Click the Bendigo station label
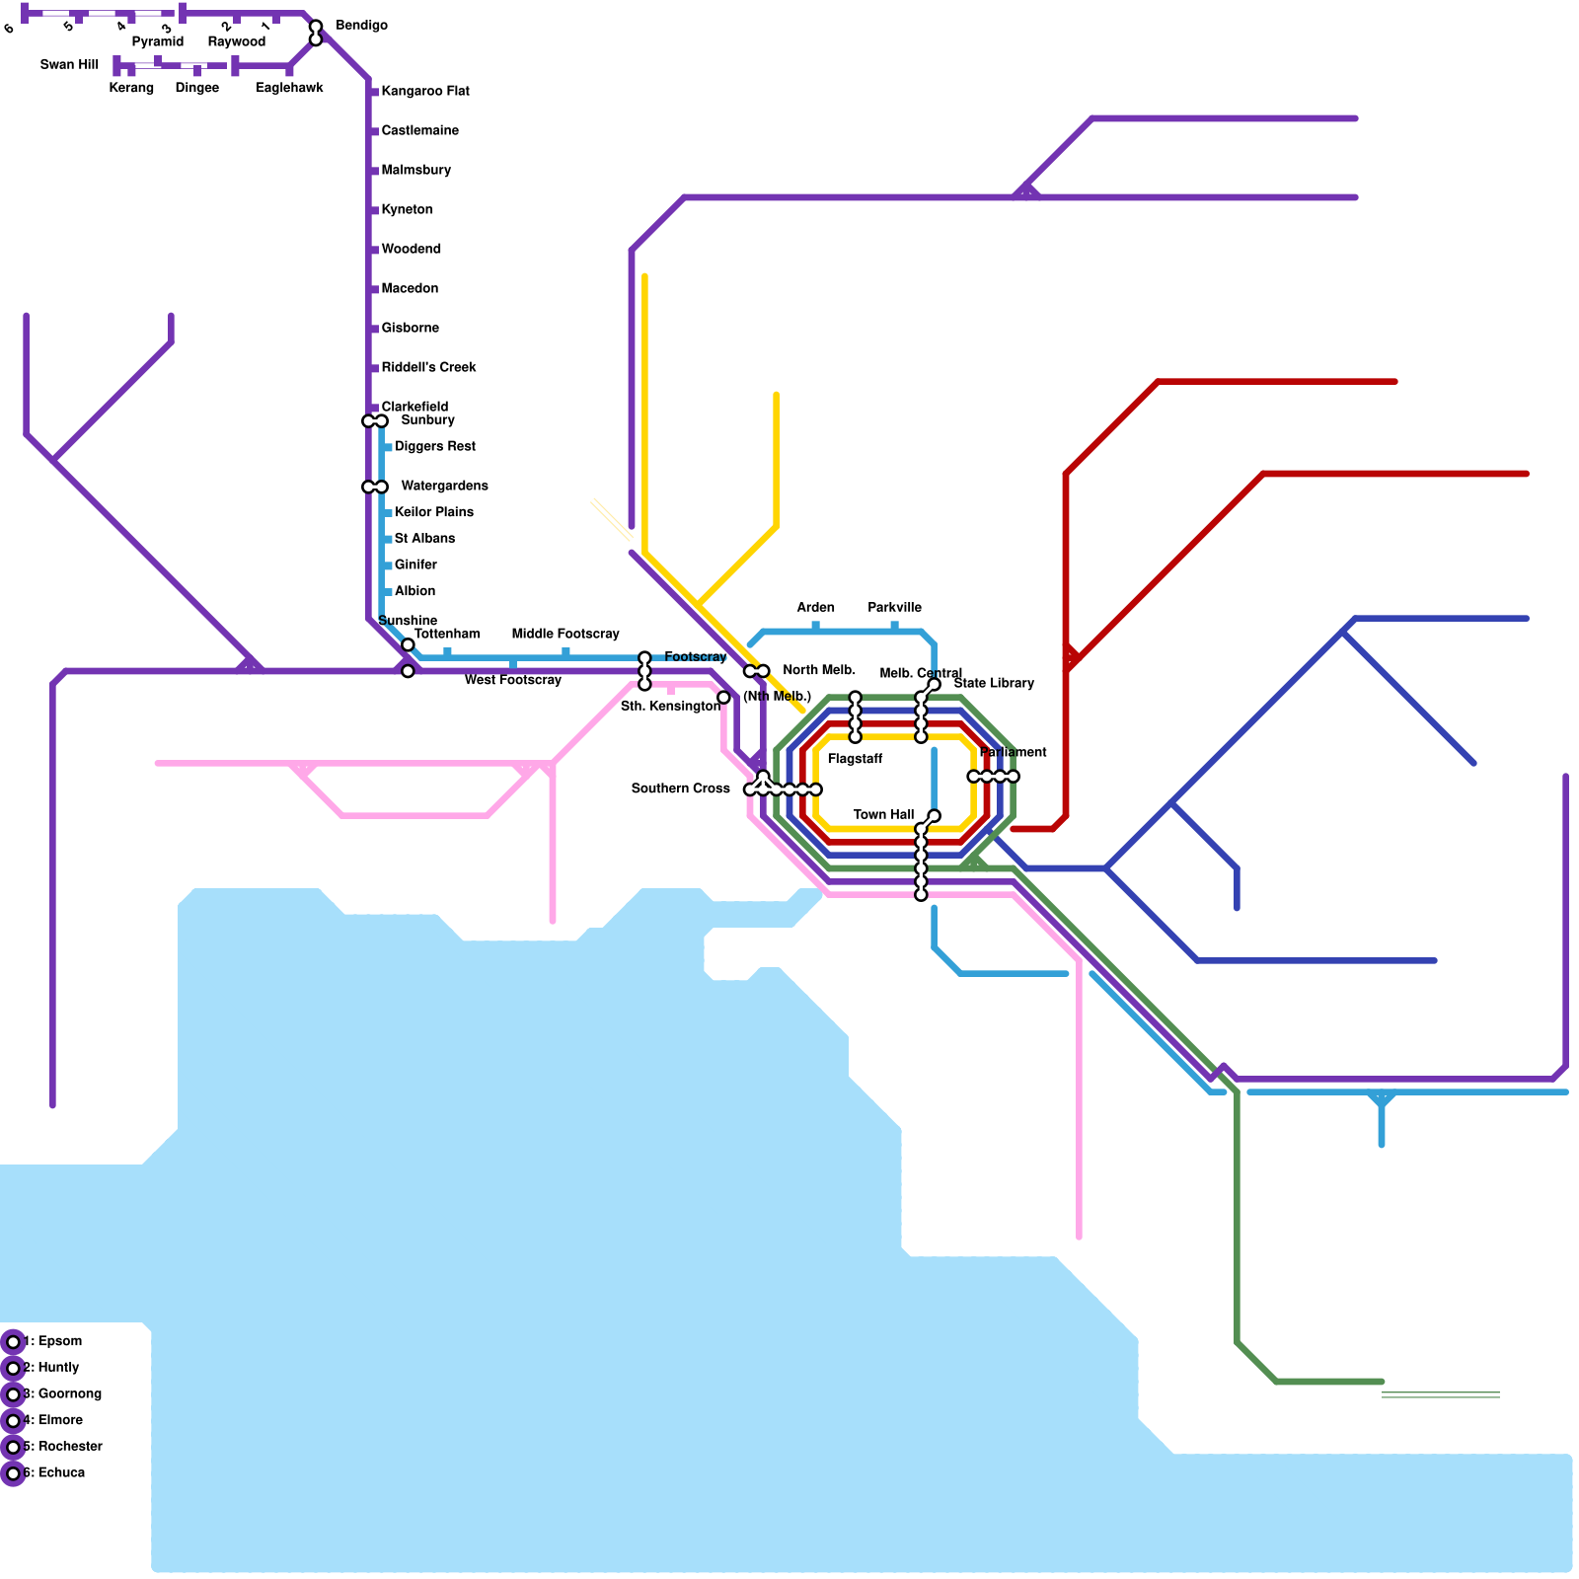[361, 26]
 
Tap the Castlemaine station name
[419, 130]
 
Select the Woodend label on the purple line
[411, 249]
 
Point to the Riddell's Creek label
[428, 367]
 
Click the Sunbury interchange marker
[375, 421]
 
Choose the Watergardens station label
[444, 486]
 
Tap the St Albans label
[424, 538]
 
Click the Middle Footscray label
[565, 634]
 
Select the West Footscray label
[512, 680]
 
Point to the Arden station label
[815, 607]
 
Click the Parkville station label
[894, 607]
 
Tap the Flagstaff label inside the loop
[855, 759]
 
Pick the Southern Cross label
[680, 789]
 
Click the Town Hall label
[883, 814]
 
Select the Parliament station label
[1013, 752]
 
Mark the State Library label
[994, 683]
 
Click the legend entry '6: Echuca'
[54, 1472]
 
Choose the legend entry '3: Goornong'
[62, 1393]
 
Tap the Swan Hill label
[69, 65]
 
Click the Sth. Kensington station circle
[723, 698]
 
